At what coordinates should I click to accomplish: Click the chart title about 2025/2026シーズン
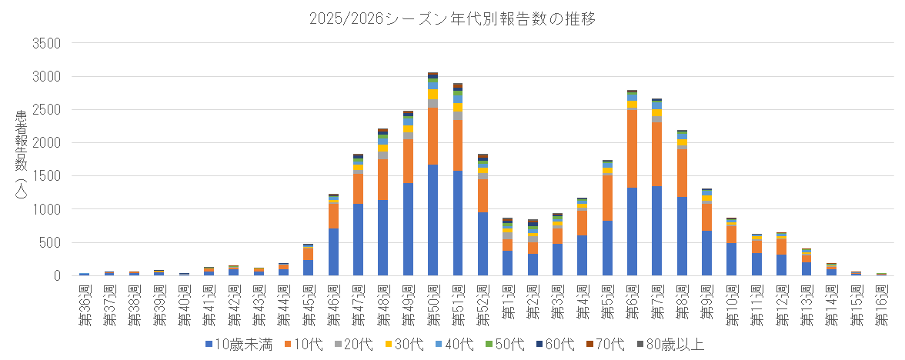click(x=451, y=16)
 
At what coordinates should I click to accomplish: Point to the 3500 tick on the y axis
click(x=45, y=43)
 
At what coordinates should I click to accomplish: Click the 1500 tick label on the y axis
click(x=45, y=176)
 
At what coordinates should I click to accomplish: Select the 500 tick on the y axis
click(x=48, y=242)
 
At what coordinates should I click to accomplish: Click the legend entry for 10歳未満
click(x=239, y=344)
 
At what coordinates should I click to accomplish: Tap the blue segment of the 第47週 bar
click(x=358, y=239)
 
